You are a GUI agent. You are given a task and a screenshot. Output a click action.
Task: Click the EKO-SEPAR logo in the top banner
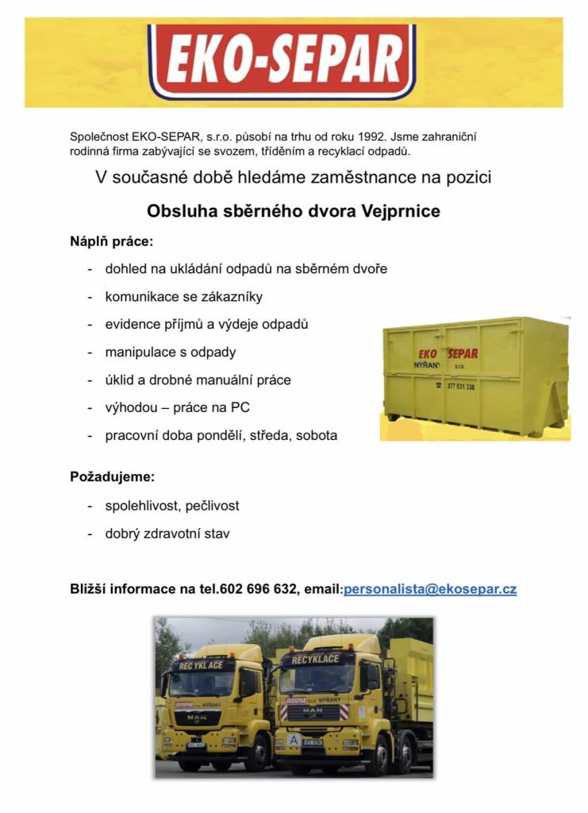coord(282,62)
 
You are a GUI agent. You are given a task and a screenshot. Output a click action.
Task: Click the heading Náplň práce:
coord(111,241)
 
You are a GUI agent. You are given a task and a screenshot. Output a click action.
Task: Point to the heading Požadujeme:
coord(113,478)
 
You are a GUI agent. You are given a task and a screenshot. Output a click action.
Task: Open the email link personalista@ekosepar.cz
coord(430,590)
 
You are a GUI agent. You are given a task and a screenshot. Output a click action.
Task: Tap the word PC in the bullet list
coord(240,408)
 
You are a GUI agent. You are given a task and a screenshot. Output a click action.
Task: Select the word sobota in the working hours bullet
coord(317,436)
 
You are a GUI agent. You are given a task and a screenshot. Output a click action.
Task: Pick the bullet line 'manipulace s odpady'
coord(171,353)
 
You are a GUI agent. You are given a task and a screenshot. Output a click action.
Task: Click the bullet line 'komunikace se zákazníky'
coord(183,297)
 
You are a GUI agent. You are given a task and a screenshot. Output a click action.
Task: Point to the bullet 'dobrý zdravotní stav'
coord(167,534)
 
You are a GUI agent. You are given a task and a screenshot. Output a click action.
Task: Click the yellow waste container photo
coord(475,379)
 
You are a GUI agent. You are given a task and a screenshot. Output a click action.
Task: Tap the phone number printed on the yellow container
coord(460,387)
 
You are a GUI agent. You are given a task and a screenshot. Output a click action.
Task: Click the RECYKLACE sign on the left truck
coord(201,665)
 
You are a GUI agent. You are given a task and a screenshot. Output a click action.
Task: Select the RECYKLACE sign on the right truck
coord(315,660)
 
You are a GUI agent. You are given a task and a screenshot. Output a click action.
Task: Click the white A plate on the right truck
coord(294,740)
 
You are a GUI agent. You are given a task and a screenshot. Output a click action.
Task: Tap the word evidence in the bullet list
coord(131,325)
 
